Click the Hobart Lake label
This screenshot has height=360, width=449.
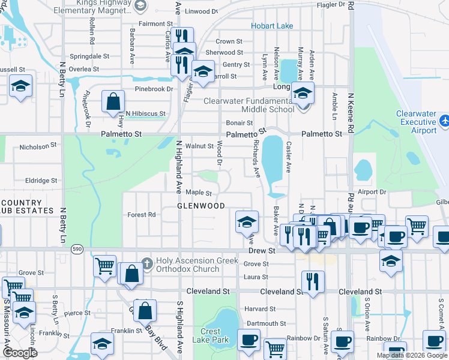(x=272, y=26)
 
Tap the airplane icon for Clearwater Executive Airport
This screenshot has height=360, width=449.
(x=444, y=121)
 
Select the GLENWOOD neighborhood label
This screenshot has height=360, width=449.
(x=200, y=206)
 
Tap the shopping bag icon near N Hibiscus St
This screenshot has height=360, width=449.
(x=113, y=101)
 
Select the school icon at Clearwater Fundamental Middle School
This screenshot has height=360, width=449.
(x=303, y=94)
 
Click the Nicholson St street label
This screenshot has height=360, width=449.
(x=37, y=146)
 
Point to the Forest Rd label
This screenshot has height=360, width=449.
(x=142, y=215)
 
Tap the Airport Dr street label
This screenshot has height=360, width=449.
(x=372, y=192)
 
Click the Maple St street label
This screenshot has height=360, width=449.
(x=199, y=193)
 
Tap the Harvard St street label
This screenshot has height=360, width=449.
(x=260, y=309)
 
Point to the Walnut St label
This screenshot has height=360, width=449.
(x=199, y=146)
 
